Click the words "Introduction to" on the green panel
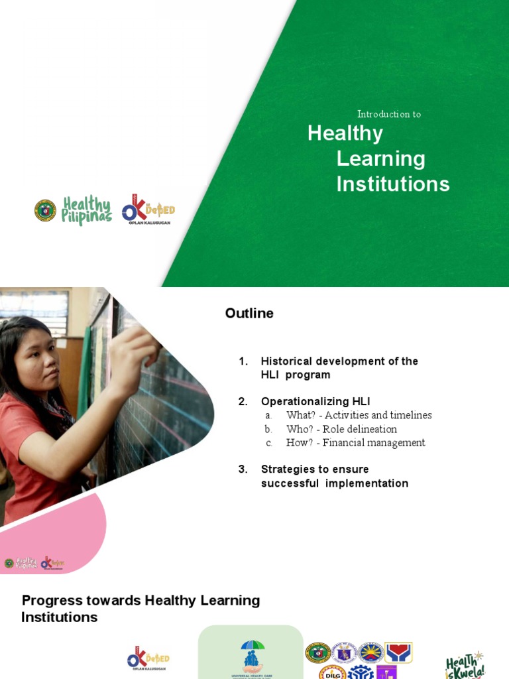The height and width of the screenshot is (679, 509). [389, 114]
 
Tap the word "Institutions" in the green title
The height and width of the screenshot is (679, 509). [392, 184]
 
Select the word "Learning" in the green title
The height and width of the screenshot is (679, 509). [380, 158]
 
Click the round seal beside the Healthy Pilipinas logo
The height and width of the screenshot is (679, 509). [46, 210]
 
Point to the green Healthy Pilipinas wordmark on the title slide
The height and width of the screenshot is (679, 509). [86, 210]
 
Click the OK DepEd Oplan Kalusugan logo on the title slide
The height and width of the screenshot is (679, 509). [148, 212]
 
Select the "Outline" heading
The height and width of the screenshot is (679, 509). [249, 313]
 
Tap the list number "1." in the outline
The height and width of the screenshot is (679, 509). [243, 361]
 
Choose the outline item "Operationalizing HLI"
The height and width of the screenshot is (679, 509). [315, 401]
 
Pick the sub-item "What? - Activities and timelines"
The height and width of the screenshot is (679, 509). [359, 415]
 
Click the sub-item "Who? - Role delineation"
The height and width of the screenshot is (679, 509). [341, 429]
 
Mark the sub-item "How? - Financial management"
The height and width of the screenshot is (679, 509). [355, 442]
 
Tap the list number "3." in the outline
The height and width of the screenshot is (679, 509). [243, 469]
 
